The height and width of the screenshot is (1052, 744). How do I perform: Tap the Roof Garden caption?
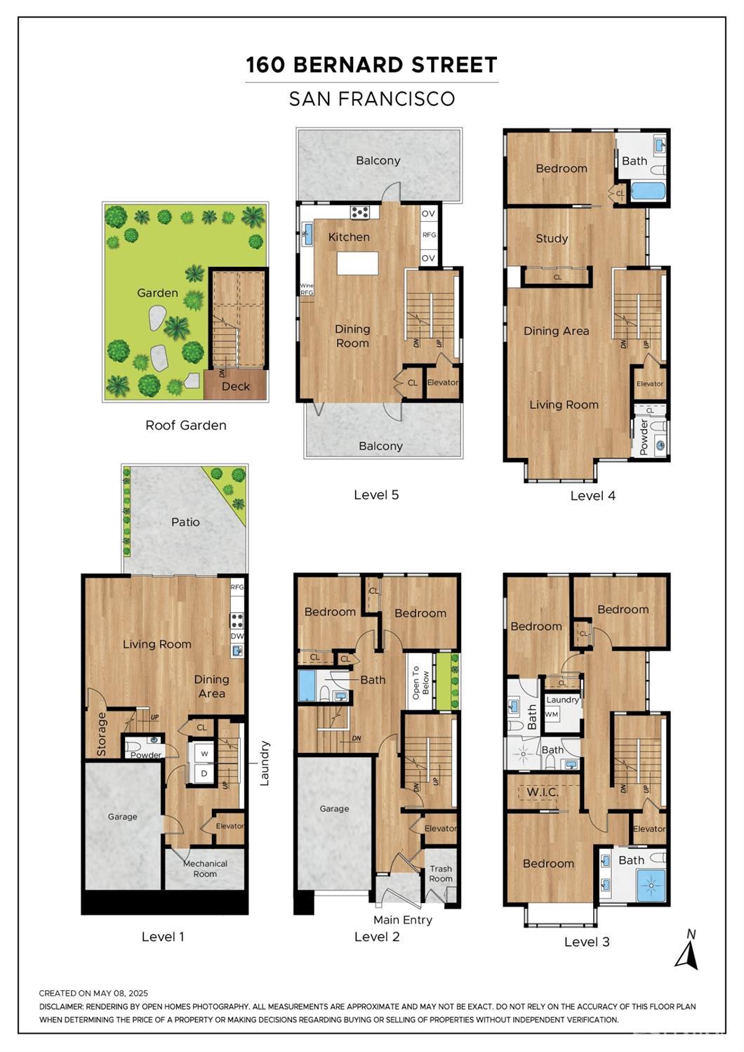(185, 425)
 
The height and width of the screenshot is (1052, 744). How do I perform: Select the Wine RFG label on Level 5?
(306, 289)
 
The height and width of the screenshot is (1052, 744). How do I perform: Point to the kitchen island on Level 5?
(357, 263)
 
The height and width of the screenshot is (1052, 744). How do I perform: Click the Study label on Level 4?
(552, 238)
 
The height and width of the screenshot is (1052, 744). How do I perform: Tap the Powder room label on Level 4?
(644, 437)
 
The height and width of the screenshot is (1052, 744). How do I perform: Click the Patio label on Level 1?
(185, 522)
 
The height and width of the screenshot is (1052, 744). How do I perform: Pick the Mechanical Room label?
(205, 869)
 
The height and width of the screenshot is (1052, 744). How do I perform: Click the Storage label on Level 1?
(102, 734)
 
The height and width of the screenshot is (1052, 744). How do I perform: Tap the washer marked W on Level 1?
(204, 754)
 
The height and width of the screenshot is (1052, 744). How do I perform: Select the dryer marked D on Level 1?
(204, 773)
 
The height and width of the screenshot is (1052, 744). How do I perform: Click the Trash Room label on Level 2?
(441, 874)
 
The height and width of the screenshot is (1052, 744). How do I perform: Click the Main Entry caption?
(403, 919)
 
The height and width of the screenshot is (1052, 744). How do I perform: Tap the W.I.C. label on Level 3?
(542, 792)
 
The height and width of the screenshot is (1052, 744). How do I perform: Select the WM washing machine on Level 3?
(552, 714)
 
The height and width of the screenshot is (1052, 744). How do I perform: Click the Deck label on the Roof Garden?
(235, 386)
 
